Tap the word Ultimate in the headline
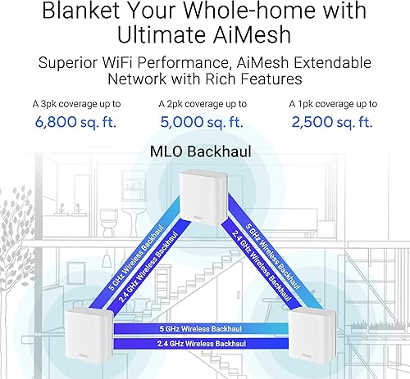click(159, 37)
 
